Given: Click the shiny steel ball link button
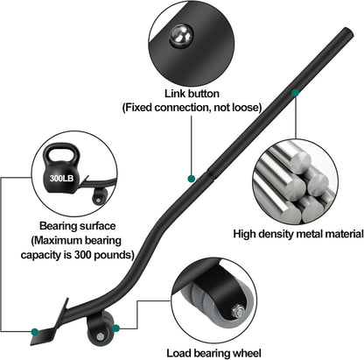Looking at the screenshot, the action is tap(181, 36).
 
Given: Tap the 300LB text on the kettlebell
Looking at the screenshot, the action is tap(61, 178).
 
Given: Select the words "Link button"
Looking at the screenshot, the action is tap(192, 94).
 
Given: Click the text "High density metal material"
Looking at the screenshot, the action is tap(298, 234).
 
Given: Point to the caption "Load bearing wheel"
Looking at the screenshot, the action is tap(213, 353).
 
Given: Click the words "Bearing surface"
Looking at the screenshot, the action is tap(77, 226).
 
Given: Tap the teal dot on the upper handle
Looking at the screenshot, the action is tap(295, 93).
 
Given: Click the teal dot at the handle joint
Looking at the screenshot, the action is tap(192, 179).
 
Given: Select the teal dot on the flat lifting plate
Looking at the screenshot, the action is tap(35, 332).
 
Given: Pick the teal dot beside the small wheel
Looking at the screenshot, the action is tap(115, 328).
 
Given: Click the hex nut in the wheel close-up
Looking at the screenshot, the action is tap(238, 312).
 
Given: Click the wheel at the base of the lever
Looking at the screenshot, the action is tap(101, 330).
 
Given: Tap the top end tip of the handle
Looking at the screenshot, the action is tap(349, 32).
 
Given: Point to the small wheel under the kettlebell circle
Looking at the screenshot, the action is tap(100, 197).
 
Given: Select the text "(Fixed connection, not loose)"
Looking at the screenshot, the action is tap(192, 108).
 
